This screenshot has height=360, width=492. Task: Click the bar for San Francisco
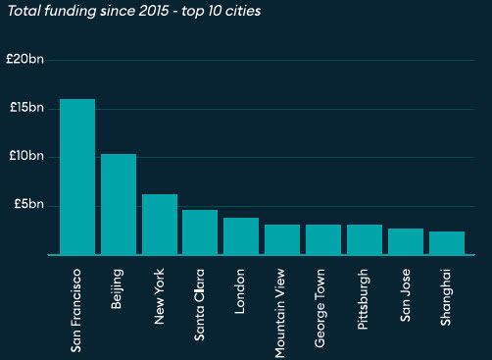pyautogui.click(x=77, y=177)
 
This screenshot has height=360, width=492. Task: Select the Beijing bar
pyautogui.click(x=119, y=204)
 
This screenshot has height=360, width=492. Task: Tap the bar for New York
pyautogui.click(x=160, y=225)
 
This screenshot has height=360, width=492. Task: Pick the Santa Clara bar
pyautogui.click(x=200, y=232)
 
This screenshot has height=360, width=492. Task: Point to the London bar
pyautogui.click(x=241, y=236)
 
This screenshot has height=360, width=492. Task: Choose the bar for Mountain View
pyautogui.click(x=282, y=240)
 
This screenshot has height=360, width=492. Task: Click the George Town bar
pyautogui.click(x=323, y=240)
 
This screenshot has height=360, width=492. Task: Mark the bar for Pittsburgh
pyautogui.click(x=365, y=240)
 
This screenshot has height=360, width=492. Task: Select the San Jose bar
pyautogui.click(x=406, y=242)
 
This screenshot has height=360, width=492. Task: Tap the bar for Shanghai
pyautogui.click(x=447, y=243)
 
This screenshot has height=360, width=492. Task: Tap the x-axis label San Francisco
pyautogui.click(x=77, y=307)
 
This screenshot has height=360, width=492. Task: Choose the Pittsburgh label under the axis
pyautogui.click(x=365, y=298)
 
